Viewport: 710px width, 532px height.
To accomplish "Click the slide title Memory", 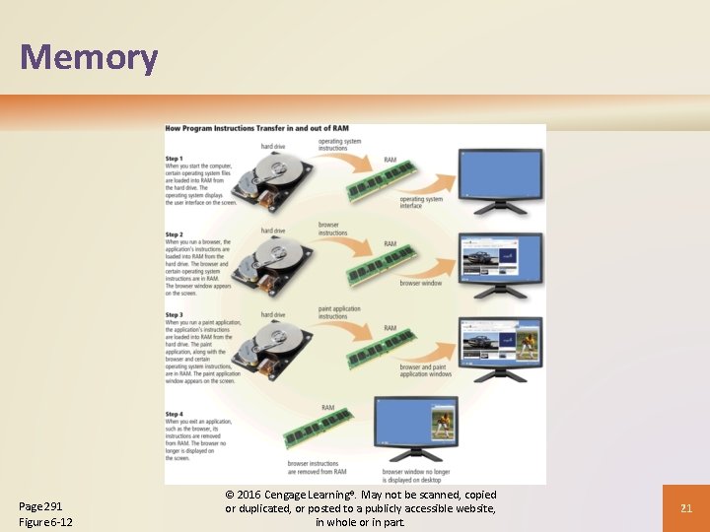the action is (89, 57).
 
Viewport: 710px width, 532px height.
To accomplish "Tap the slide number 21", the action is (687, 507).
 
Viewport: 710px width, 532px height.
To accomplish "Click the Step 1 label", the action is (175, 159).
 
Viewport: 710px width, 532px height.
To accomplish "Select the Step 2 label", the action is (175, 234).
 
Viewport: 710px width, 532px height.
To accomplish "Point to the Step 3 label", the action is (175, 315).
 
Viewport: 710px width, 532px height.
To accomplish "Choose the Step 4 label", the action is (175, 414).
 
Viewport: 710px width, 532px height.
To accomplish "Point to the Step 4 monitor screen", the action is (414, 425).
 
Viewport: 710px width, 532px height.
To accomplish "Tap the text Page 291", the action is (40, 505).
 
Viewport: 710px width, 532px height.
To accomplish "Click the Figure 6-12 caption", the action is (45, 521).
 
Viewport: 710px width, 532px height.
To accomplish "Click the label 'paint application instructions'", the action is (340, 311).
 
